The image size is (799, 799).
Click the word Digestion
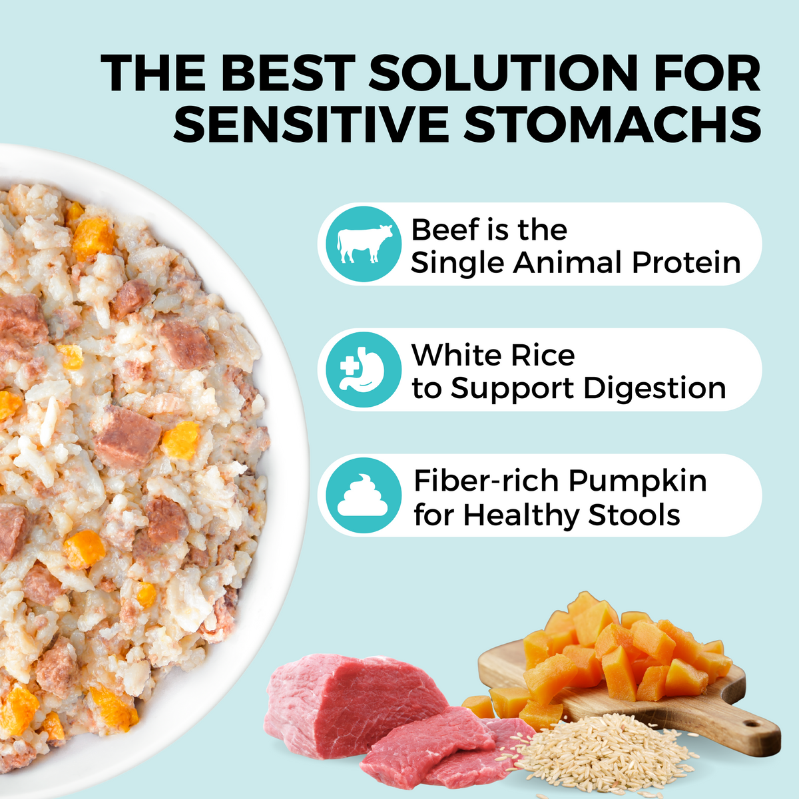tap(654, 389)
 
